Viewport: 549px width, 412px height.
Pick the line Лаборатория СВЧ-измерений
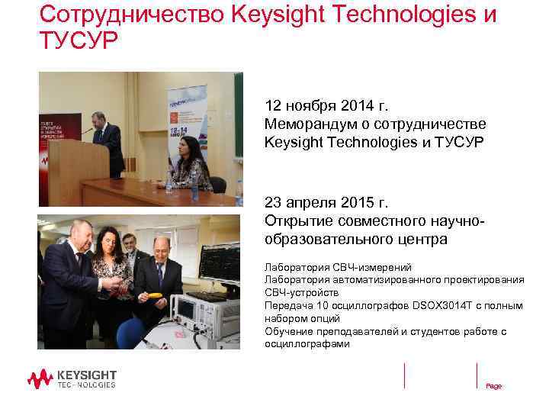point(338,267)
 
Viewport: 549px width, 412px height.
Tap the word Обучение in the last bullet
point(288,331)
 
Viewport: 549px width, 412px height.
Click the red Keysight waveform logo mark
point(40,378)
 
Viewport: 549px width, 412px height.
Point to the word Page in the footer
point(493,387)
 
